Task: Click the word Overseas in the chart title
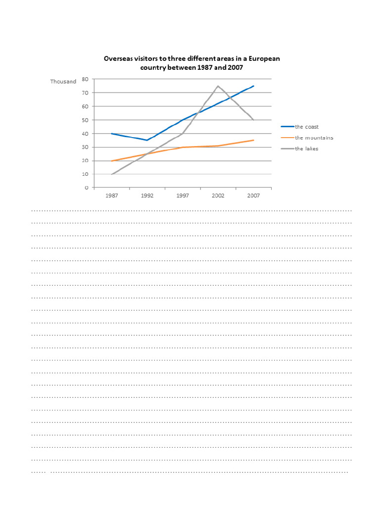coord(117,58)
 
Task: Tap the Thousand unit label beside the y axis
coord(63,82)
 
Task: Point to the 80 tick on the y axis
coord(85,79)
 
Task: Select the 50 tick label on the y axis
coord(85,120)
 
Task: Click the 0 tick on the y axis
coord(87,188)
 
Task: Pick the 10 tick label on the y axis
coord(85,174)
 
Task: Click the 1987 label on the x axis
coord(111,196)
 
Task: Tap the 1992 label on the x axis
coord(147,196)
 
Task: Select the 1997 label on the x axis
coord(183,196)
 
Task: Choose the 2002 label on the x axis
coord(218,196)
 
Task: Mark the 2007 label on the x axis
coord(254,196)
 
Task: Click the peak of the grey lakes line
coord(218,86)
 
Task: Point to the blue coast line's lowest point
coord(147,140)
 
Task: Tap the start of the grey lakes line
coord(112,174)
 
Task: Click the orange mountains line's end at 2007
coord(254,140)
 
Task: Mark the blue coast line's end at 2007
coord(254,86)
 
